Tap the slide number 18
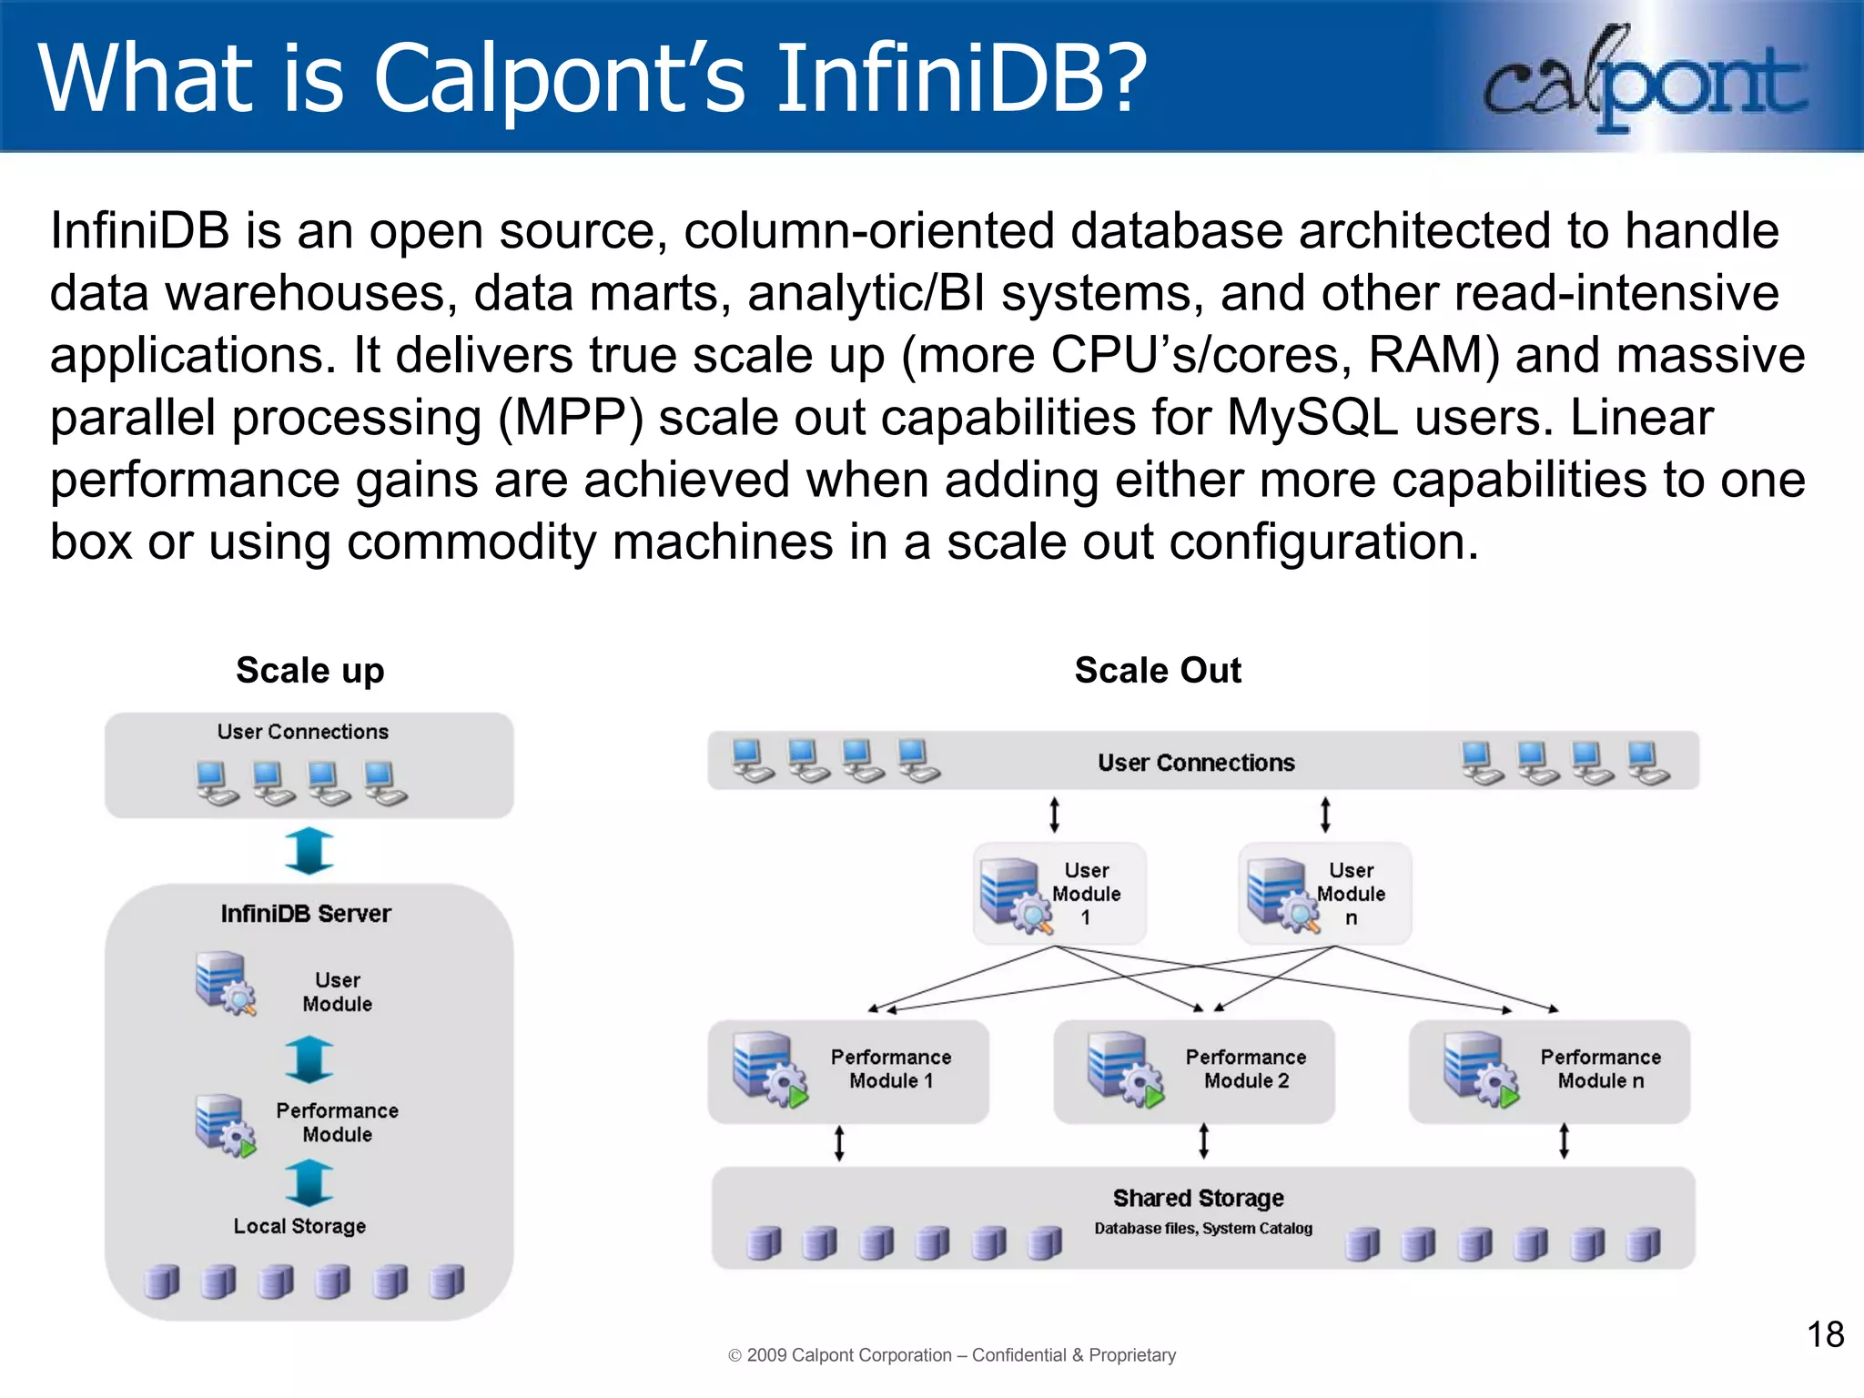pyautogui.click(x=1824, y=1334)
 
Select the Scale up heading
pyautogui.click(x=310, y=671)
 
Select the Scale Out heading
pyautogui.click(x=1158, y=671)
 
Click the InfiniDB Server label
pyautogui.click(x=306, y=914)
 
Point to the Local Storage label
pyautogui.click(x=299, y=1226)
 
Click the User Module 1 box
pyautogui.click(x=1059, y=894)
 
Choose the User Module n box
pyautogui.click(x=1324, y=894)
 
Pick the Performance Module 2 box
pyautogui.click(x=1193, y=1070)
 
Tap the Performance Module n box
pyautogui.click(x=1549, y=1070)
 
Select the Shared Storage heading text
pyautogui.click(x=1198, y=1198)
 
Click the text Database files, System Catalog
pyautogui.click(x=1203, y=1229)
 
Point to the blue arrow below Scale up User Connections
pyautogui.click(x=309, y=851)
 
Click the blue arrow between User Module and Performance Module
pyautogui.click(x=309, y=1059)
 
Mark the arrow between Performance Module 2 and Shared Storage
pyautogui.click(x=1203, y=1140)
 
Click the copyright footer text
pyautogui.click(x=952, y=1355)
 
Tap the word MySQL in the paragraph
pyautogui.click(x=1312, y=418)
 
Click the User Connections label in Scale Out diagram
pyautogui.click(x=1196, y=763)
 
